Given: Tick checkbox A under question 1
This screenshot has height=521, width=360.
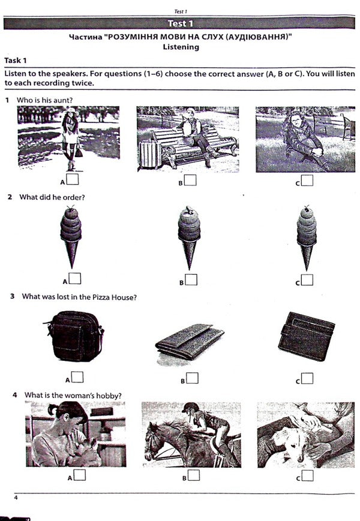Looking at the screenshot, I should [x=73, y=179].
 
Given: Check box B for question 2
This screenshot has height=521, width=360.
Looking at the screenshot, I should [x=190, y=279].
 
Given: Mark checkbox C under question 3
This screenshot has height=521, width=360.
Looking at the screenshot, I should [x=307, y=378].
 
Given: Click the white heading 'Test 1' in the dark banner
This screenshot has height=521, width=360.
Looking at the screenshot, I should [x=181, y=24].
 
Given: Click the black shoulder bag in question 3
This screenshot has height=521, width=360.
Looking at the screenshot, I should [x=74, y=336].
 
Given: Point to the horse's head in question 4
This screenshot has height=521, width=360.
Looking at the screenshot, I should [x=155, y=438].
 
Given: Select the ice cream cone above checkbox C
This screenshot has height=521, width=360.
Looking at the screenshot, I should [x=306, y=237].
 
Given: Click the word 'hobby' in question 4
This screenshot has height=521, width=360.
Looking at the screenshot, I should [x=110, y=395].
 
